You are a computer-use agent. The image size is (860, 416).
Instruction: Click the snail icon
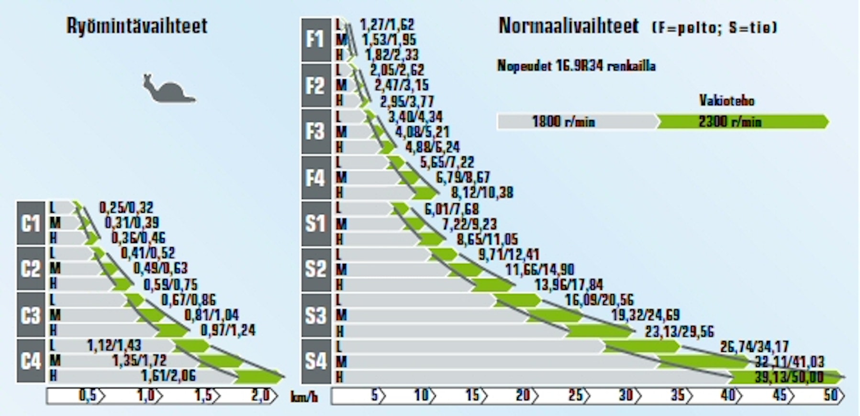169,89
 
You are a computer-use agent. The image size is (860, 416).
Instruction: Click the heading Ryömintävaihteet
137,26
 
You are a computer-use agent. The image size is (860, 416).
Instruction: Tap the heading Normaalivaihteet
569,26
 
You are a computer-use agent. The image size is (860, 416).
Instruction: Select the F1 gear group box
316,39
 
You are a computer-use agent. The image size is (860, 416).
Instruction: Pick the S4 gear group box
316,361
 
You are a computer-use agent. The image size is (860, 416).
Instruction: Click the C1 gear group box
31,223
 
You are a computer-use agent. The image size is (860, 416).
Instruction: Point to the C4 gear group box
31,361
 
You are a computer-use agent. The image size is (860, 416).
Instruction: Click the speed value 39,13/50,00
789,377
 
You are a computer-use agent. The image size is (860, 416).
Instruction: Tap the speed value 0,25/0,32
126,208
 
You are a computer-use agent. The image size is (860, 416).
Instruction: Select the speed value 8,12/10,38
482,193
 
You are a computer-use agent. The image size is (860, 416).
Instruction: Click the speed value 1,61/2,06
168,376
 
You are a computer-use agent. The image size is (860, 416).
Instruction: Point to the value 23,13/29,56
679,331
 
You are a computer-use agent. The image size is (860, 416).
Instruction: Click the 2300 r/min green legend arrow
741,121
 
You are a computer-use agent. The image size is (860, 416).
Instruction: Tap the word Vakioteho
726,100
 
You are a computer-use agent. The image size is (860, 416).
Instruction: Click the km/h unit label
304,397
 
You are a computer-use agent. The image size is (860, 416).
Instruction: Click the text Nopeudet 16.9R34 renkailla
576,66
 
